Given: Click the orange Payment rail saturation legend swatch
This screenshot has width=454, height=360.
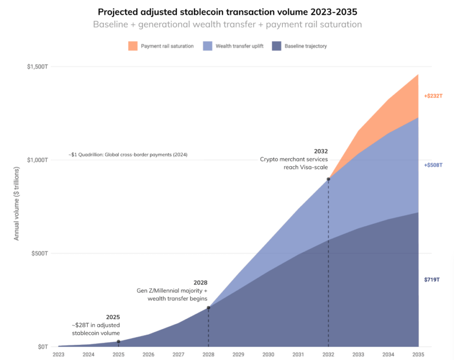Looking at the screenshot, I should tap(133, 46).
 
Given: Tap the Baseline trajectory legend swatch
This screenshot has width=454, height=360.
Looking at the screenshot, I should tap(277, 46).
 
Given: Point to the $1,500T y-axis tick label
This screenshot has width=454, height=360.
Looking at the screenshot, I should tap(38, 67).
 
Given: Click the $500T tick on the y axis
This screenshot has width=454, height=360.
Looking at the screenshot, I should tap(40, 253).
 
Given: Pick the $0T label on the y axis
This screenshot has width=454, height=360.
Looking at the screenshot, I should tap(42, 346).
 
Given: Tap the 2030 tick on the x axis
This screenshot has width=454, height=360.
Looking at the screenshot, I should tap(268, 354).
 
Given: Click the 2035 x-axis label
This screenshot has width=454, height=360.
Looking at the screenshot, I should tap(418, 354).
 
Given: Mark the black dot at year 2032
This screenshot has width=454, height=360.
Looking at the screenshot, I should tap(329, 179).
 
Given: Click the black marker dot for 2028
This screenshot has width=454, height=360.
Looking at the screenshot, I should tap(208, 308).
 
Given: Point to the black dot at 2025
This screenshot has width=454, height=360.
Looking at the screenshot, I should tap(118, 341).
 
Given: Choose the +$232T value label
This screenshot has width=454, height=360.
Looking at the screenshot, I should tap(433, 96).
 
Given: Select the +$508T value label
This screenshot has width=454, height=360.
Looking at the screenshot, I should tap(433, 165).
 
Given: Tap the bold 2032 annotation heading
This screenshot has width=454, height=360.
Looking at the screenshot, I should tap(321, 151).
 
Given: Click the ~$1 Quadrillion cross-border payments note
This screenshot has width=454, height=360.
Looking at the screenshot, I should tap(128, 155).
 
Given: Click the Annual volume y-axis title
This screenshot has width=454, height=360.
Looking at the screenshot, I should tap(17, 204).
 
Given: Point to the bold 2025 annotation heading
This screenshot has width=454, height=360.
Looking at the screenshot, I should tap(113, 317).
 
